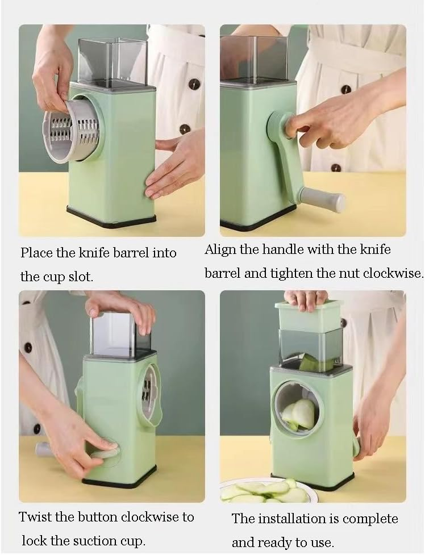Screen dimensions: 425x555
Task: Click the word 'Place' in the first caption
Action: [36, 253]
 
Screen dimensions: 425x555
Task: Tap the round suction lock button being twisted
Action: [107, 453]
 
